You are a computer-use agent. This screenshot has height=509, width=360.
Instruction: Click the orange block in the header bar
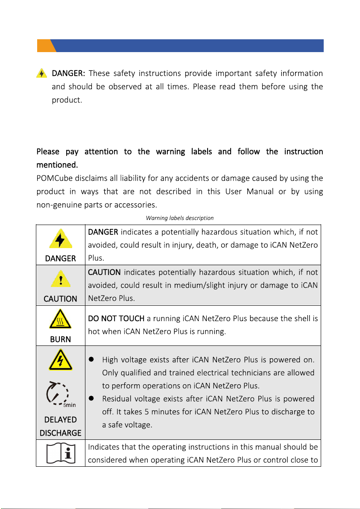44,45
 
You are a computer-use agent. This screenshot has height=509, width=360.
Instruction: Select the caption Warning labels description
179,218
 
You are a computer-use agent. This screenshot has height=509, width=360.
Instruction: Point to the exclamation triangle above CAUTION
61,279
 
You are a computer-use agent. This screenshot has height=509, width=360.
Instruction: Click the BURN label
61,339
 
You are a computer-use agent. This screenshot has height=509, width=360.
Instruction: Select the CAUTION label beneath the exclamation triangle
61,299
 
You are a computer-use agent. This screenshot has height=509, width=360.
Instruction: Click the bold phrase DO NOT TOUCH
116,318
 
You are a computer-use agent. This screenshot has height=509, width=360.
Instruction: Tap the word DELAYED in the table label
61,420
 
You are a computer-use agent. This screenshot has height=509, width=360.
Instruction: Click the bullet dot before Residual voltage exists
91,398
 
